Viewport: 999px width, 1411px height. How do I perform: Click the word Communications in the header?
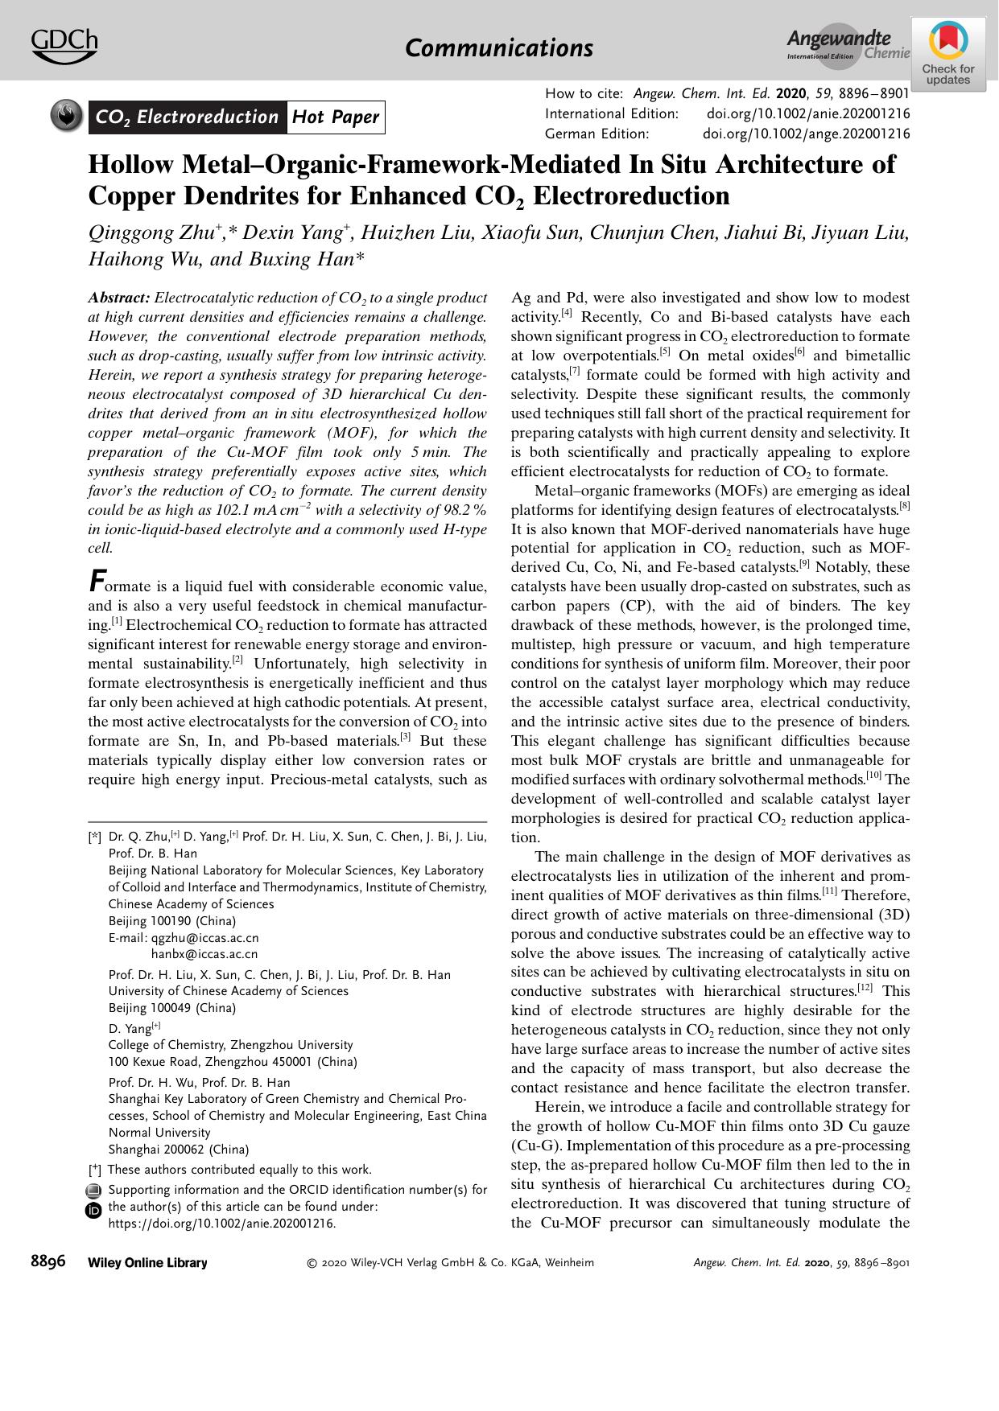click(499, 48)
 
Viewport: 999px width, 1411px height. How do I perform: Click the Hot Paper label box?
click(335, 117)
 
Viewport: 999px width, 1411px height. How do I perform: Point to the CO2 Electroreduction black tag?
click(187, 117)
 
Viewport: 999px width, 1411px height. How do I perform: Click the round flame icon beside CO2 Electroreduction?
click(66, 117)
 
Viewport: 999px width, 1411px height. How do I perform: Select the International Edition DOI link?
click(808, 114)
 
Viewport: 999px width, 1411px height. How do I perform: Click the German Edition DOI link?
click(807, 134)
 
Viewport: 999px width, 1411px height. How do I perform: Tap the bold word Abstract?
click(118, 298)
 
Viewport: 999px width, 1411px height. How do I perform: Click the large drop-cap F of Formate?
click(97, 580)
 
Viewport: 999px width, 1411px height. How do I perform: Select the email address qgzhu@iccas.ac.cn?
click(205, 938)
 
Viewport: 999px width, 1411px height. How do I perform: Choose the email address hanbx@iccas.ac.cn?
click(204, 954)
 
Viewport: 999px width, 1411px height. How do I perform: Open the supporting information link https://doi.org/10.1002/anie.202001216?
click(221, 1224)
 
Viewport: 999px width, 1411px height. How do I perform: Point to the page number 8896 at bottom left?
click(48, 1261)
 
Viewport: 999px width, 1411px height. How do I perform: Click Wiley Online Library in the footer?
click(147, 1263)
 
